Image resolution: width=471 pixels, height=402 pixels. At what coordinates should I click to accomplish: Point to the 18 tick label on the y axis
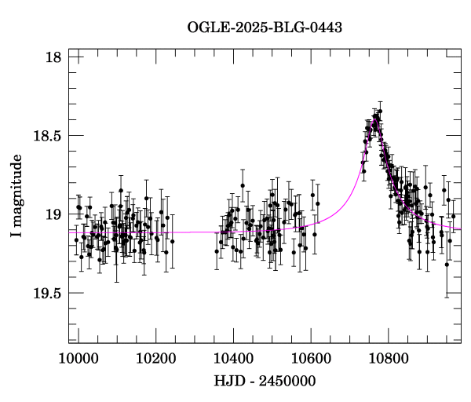(54, 57)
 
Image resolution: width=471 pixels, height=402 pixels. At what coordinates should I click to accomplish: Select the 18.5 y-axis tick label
(49, 136)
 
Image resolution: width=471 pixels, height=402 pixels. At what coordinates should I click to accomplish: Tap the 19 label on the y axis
(54, 214)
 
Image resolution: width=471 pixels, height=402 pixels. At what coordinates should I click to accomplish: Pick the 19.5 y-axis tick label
(49, 293)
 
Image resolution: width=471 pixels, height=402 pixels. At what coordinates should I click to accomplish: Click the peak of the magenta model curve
(375, 120)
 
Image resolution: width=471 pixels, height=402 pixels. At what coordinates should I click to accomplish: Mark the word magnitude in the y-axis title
(16, 189)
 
